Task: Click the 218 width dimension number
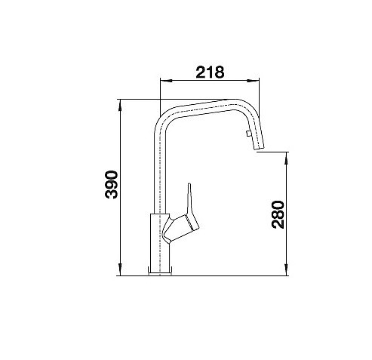point(210,72)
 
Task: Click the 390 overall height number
point(112,185)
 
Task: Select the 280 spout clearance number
point(278,214)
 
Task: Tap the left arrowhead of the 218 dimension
point(166,81)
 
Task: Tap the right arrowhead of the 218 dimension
point(253,81)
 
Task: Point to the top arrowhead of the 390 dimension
point(120,105)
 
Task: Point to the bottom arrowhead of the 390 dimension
point(120,270)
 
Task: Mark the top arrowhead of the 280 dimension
point(286,158)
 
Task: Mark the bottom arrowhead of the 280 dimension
point(286,270)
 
